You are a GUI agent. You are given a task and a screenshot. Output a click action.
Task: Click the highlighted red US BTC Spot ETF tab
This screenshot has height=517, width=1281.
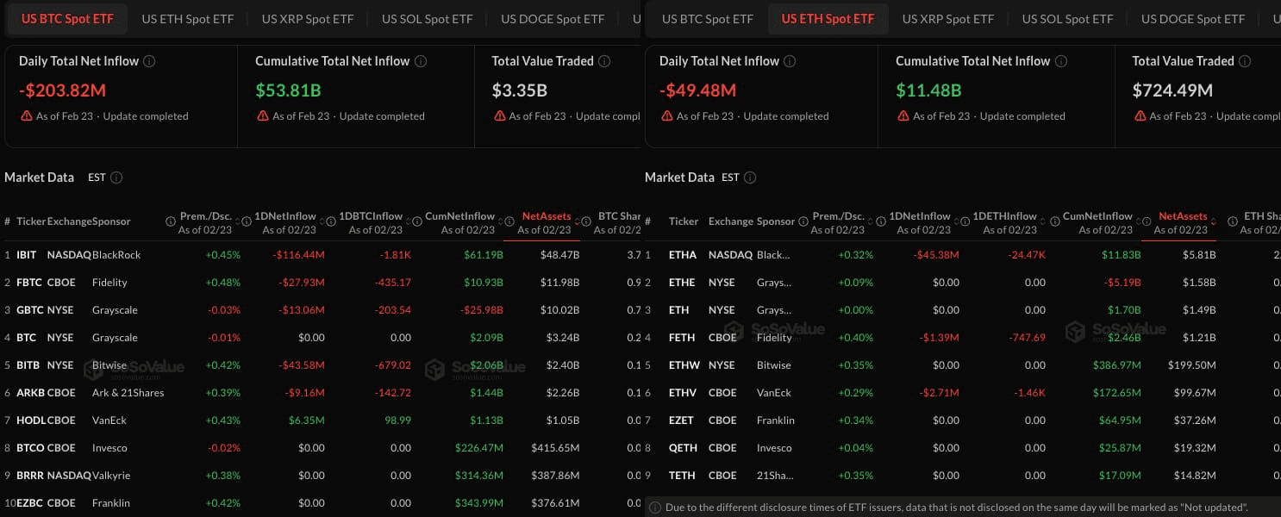click(66, 18)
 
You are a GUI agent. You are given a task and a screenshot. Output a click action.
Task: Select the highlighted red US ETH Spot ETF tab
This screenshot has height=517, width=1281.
click(828, 18)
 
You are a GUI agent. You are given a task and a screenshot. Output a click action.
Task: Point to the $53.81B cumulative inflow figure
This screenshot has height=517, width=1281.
click(291, 90)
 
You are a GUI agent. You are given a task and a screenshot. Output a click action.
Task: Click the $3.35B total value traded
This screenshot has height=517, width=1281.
click(520, 90)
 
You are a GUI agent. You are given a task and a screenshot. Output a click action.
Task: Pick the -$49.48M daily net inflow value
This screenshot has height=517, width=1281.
click(697, 90)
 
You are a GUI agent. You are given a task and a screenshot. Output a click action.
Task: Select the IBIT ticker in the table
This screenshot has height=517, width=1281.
click(28, 255)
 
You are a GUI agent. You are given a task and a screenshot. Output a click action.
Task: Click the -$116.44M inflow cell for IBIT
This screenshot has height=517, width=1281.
click(298, 255)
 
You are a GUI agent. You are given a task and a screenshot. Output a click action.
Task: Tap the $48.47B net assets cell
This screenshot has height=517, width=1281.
click(559, 255)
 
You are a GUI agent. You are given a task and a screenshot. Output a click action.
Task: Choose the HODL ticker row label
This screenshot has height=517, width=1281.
click(31, 420)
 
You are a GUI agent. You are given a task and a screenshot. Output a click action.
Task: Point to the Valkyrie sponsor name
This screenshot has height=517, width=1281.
click(110, 476)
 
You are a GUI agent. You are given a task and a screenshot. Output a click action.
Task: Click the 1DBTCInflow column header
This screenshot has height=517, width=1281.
click(371, 216)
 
